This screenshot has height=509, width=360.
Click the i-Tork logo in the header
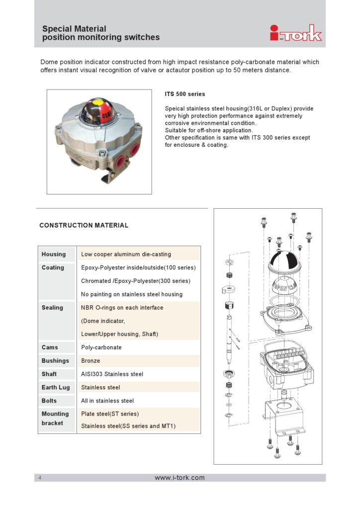[x=296, y=33]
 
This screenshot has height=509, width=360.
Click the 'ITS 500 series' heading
[x=184, y=94]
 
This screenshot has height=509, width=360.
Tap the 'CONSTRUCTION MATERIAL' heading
[x=84, y=225]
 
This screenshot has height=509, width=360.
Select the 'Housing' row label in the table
[x=54, y=254]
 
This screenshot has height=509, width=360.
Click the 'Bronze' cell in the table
[x=90, y=361]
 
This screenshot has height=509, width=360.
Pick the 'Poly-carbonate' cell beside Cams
[x=101, y=347]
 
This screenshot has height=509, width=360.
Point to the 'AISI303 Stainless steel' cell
[x=112, y=374]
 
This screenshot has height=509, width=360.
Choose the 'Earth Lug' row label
[x=56, y=387]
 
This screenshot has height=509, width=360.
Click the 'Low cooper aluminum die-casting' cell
[x=126, y=254]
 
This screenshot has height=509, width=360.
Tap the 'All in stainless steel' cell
[x=107, y=401]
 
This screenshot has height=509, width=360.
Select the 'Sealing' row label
[x=52, y=307]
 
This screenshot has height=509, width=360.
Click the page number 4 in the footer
[x=40, y=478]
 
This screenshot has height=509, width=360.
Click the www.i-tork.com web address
[x=180, y=478]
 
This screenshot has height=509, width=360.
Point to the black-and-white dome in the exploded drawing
[x=285, y=261]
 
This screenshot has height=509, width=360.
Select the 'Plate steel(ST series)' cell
[x=110, y=414]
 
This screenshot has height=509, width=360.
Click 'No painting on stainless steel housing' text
[x=132, y=294]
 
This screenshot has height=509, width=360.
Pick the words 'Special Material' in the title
[x=74, y=28]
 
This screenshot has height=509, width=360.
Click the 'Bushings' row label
[x=55, y=361]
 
